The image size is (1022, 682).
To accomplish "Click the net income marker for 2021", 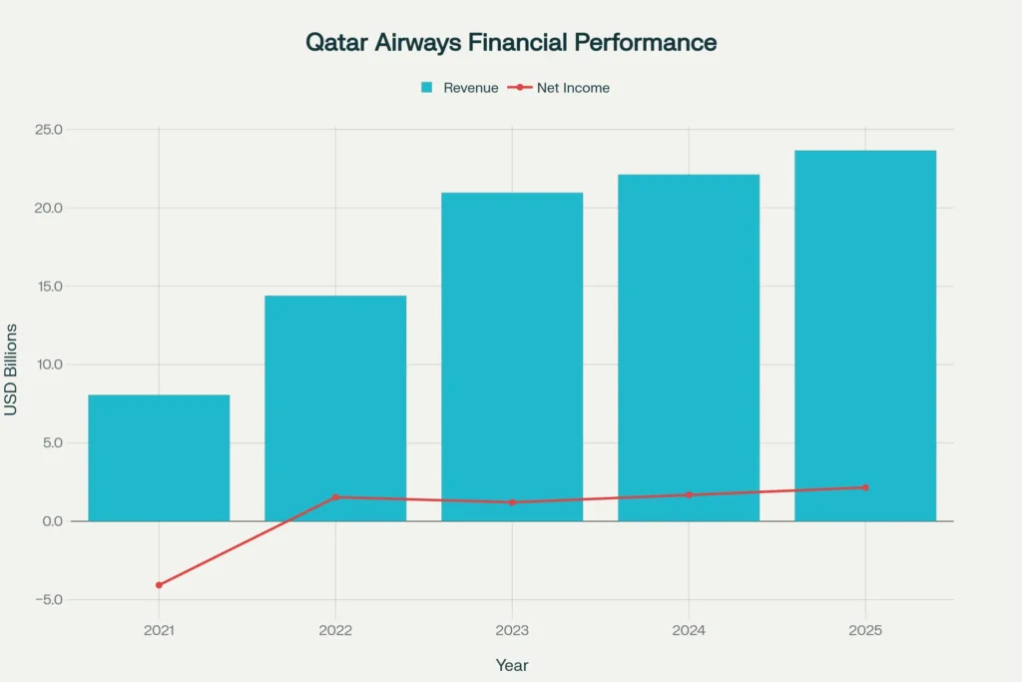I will [x=159, y=585].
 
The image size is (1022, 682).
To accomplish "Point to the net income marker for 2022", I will [x=335, y=497].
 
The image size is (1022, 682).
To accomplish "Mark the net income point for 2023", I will [x=512, y=502].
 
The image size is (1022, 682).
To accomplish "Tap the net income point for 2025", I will [x=865, y=487].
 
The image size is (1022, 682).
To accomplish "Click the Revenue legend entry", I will [x=460, y=88].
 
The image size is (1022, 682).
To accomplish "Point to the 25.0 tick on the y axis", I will [x=48, y=130].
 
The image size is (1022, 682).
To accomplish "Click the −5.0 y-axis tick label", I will [x=47, y=600].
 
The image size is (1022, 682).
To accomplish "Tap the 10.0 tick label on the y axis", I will [x=48, y=364].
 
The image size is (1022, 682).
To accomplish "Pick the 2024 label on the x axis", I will [x=689, y=631].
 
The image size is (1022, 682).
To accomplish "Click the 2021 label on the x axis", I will [x=159, y=631].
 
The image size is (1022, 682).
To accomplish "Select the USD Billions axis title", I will [x=11, y=368].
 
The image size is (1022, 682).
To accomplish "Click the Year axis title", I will [x=512, y=665].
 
